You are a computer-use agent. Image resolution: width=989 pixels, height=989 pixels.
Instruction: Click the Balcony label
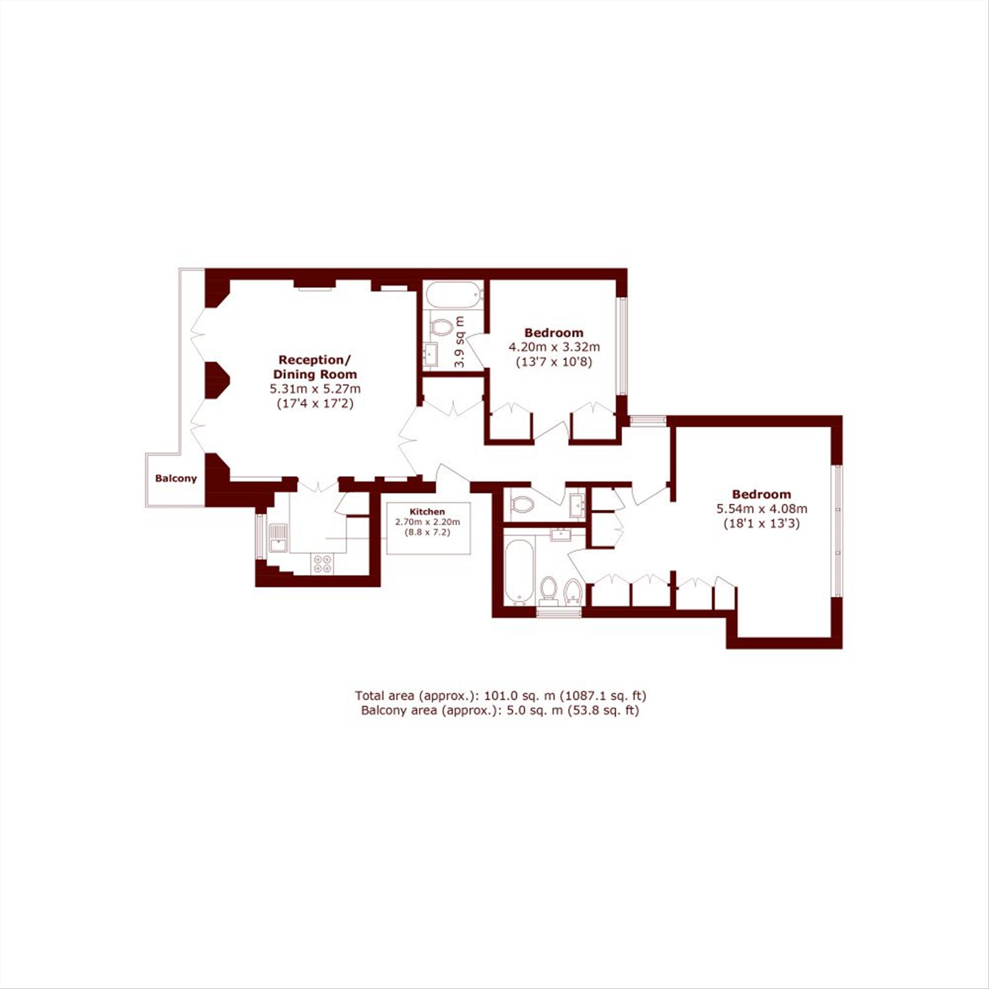176,479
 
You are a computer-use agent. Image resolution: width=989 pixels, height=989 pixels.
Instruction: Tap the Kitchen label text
427,511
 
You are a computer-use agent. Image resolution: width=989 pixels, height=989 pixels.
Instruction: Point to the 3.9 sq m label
460,341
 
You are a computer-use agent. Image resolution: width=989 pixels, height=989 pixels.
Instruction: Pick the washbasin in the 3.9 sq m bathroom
431,353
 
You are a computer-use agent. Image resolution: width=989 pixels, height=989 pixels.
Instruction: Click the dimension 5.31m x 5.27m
315,389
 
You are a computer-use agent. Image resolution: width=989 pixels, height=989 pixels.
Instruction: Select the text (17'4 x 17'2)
315,404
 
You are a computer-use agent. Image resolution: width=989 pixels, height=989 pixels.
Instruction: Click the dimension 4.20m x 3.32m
554,347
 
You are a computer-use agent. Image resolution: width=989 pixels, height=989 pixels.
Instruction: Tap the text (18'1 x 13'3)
762,524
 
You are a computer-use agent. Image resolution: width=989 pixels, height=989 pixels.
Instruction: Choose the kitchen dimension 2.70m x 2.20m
427,522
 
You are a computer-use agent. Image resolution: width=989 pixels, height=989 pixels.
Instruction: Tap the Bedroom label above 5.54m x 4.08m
762,494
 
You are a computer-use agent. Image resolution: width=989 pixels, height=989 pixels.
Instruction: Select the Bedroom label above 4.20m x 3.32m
554,333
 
